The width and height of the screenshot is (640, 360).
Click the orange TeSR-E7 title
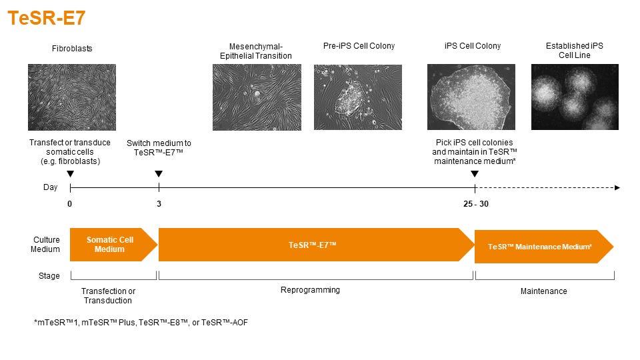coord(47,18)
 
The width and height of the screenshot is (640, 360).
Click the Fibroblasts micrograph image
coord(72,97)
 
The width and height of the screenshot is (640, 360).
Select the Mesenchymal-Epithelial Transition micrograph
coord(257,97)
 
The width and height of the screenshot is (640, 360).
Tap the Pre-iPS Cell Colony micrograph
coord(358,97)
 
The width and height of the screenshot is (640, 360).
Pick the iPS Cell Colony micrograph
coord(471,97)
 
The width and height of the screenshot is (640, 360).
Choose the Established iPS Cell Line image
coord(575,97)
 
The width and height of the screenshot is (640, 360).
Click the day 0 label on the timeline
coord(70,204)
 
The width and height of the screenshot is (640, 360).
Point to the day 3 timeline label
coord(159,204)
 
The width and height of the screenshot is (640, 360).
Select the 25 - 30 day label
coord(476,204)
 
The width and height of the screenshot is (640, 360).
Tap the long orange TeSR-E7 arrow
coord(316,245)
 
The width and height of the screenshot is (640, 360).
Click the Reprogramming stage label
coord(310,290)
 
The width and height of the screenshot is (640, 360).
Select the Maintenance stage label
coord(544,291)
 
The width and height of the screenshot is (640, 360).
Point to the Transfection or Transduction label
coord(108,295)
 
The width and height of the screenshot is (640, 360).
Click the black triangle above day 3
coord(159,174)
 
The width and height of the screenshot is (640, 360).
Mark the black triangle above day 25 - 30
coord(475,174)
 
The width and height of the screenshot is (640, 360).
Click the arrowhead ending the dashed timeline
coord(617,188)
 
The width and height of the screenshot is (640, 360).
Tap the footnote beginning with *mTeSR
coord(141,323)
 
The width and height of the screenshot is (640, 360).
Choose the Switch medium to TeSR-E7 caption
coord(159,148)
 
